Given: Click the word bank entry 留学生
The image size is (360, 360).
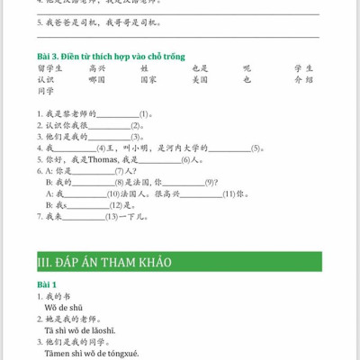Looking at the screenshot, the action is [x=50, y=67].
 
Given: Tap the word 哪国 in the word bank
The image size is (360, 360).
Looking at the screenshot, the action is [x=97, y=79].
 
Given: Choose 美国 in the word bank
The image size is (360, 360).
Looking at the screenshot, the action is [x=201, y=79].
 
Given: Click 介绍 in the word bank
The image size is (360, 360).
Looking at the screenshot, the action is [x=303, y=79].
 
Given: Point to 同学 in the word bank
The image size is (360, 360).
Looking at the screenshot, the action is [x=46, y=91].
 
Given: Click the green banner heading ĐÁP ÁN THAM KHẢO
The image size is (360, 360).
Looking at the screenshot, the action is [x=104, y=262].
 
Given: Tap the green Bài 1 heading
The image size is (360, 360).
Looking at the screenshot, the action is [x=47, y=284].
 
